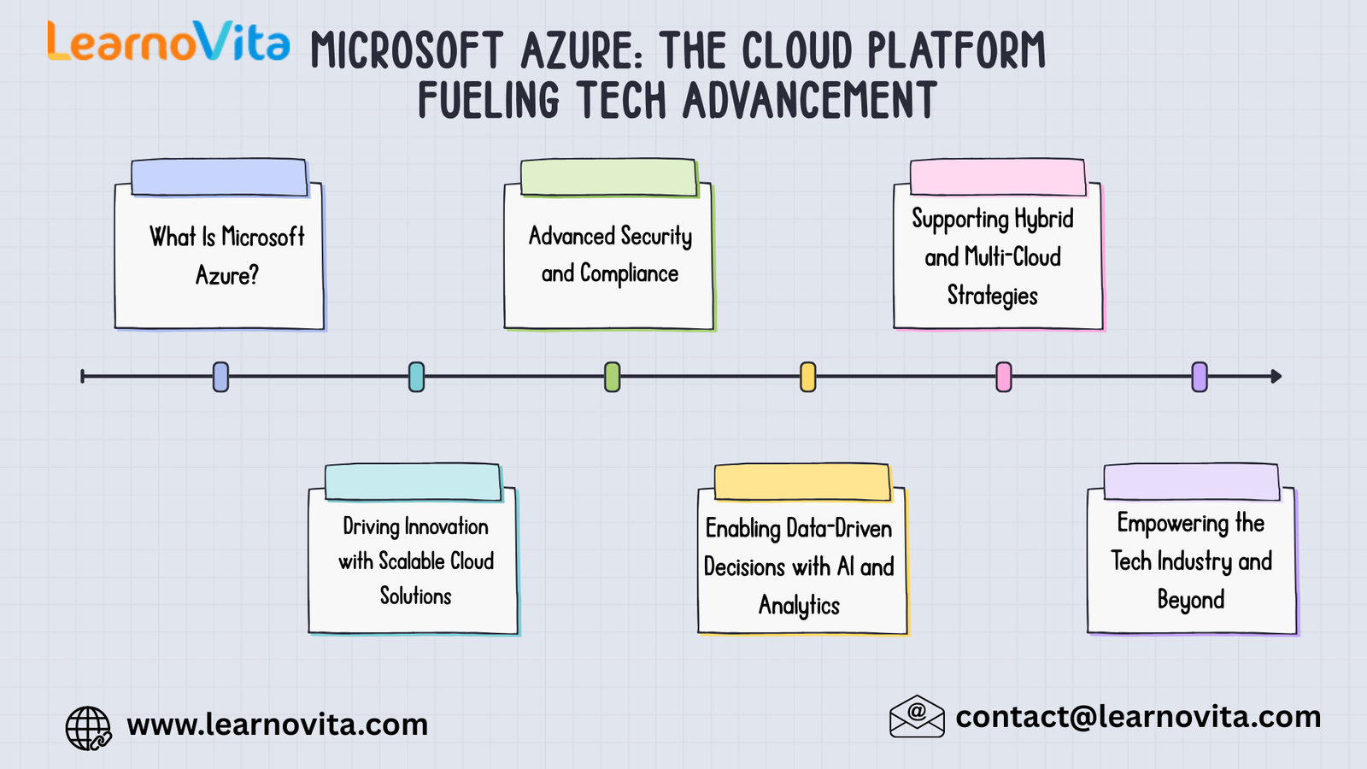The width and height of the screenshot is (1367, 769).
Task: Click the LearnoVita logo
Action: [x=168, y=42]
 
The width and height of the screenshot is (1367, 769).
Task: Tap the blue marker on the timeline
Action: [x=220, y=377]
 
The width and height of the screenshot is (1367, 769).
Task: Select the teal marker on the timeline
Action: [x=416, y=377]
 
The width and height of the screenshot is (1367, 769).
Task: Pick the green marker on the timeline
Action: [x=612, y=377]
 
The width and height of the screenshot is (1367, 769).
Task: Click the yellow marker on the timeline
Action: [x=807, y=377]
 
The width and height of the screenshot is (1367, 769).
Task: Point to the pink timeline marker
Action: [x=1004, y=377]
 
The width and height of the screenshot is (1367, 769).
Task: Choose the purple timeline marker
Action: [x=1200, y=377]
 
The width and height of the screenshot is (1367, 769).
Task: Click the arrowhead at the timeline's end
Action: [x=1276, y=376]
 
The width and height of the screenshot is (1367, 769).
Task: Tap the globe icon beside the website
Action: [x=88, y=728]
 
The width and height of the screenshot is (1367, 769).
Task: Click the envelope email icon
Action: [x=917, y=716]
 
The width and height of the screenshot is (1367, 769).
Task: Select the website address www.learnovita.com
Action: [x=277, y=725]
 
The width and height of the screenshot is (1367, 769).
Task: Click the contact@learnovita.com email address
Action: [x=1138, y=717]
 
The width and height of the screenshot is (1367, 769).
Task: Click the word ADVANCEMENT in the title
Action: [x=810, y=101]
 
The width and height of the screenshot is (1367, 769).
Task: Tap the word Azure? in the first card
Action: [x=226, y=275]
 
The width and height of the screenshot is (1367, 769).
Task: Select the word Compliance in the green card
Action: [x=629, y=274]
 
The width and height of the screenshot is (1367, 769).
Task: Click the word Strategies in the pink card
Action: [x=992, y=296]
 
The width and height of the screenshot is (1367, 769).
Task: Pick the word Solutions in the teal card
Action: [x=415, y=596]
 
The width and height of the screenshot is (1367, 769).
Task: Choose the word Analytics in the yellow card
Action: [x=799, y=606]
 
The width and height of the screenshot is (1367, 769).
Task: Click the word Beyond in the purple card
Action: [x=1190, y=600]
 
